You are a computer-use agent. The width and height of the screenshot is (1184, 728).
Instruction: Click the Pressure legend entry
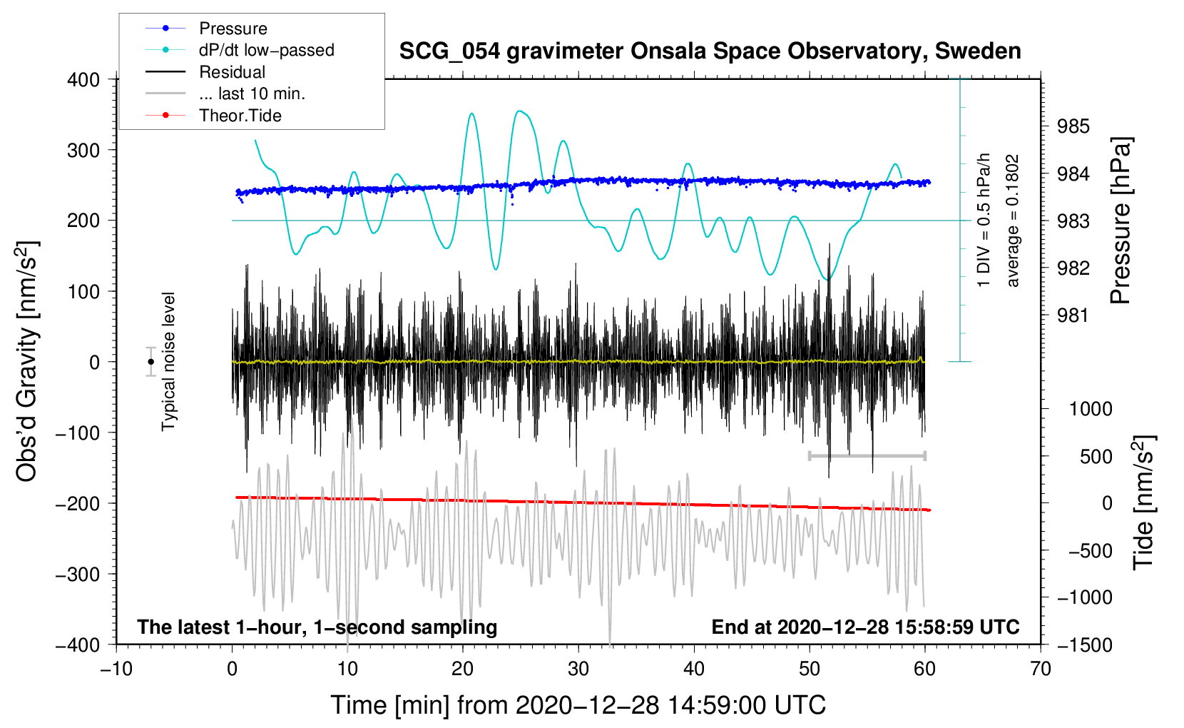click(233, 29)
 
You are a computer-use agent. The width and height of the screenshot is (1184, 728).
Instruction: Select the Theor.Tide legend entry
click(240, 116)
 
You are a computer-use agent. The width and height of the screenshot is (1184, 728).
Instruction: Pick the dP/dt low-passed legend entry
click(266, 50)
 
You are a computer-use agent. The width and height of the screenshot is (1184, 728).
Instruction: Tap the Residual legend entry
click(232, 72)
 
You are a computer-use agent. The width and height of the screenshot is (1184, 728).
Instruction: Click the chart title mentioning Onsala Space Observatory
click(710, 51)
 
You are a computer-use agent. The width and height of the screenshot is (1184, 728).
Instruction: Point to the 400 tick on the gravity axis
click(83, 80)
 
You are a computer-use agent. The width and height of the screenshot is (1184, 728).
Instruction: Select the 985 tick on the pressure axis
click(1073, 126)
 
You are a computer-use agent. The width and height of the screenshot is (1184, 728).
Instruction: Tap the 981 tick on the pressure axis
click(1073, 315)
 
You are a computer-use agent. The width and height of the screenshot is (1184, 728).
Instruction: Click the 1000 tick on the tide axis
click(1091, 409)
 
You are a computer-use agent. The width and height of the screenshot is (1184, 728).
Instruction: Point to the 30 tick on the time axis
click(578, 669)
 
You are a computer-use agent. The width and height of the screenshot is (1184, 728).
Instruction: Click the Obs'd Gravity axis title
click(26, 361)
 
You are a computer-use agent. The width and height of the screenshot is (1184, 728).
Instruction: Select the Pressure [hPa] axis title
click(1121, 221)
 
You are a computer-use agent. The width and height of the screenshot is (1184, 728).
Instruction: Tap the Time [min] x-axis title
click(578, 705)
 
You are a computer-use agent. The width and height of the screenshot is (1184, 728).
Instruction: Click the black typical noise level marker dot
click(151, 362)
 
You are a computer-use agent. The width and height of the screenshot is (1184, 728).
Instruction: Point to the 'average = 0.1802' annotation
click(1013, 221)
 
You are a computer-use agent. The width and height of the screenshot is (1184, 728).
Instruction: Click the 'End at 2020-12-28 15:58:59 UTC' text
click(865, 627)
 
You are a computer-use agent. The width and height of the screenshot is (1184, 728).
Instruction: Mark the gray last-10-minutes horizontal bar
click(867, 455)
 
